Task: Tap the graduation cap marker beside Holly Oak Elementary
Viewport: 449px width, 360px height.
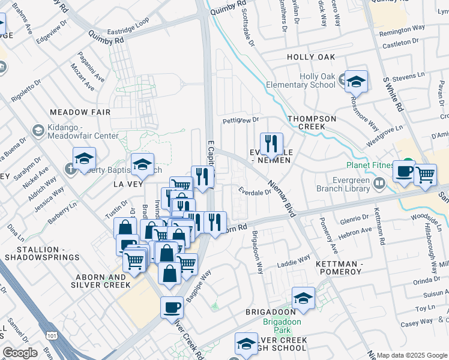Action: (356, 82)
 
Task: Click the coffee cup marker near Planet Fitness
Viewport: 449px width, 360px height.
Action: (404, 171)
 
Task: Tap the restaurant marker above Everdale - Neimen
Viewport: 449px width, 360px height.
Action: (271, 144)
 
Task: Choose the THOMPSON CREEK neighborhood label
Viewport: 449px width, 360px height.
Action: (312, 119)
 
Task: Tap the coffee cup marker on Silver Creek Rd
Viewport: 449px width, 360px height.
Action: (172, 307)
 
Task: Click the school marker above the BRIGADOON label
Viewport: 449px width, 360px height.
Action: (304, 298)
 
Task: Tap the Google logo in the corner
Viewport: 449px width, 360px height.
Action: (20, 353)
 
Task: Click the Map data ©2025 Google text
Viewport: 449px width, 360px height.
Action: (412, 355)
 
